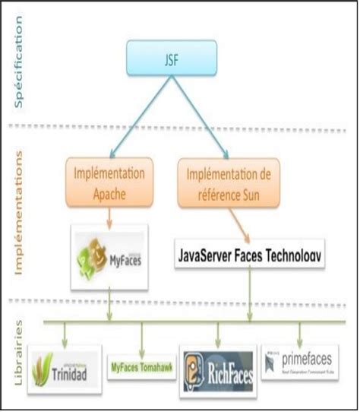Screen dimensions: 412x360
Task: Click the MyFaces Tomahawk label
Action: pos(141,364)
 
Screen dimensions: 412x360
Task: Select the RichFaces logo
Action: pos(218,369)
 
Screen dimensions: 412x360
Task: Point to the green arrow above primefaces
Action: pos(300,333)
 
